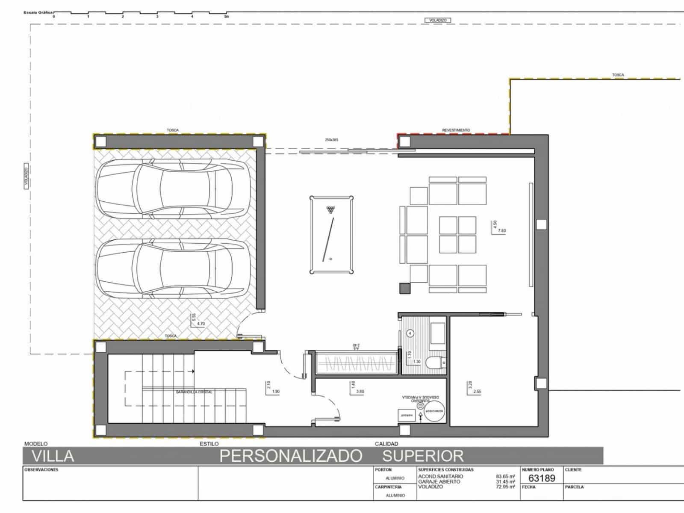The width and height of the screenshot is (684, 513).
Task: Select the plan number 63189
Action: (x=542, y=478)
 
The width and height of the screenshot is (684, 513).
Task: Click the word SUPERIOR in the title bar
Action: (x=423, y=456)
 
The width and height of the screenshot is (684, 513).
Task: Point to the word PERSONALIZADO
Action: (x=291, y=456)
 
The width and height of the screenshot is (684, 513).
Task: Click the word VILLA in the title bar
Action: (x=53, y=456)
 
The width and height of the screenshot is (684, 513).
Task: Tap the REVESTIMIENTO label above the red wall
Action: (x=456, y=130)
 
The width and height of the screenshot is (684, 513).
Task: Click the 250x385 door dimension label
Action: (x=332, y=140)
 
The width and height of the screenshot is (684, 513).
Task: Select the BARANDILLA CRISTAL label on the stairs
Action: (x=194, y=392)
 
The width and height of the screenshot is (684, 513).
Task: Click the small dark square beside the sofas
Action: (x=404, y=289)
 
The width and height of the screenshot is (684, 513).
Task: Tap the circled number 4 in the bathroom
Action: (x=410, y=333)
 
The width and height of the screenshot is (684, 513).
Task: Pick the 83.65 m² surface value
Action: (x=505, y=476)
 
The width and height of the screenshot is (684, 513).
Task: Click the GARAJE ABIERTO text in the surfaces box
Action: (x=439, y=481)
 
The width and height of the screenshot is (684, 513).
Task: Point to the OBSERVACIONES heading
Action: (x=41, y=470)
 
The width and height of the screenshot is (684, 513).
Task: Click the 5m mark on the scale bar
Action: (x=227, y=17)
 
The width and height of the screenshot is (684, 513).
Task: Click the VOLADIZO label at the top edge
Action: (x=438, y=20)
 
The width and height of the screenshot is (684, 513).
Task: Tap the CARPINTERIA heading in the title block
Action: (x=388, y=486)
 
